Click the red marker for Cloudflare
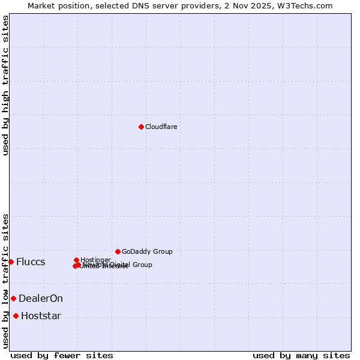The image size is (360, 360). point(141,127)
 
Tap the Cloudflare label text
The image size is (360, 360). point(161,127)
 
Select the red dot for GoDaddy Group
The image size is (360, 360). point(118,251)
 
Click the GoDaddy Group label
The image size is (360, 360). point(147,251)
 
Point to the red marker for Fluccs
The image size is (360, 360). point(11,262)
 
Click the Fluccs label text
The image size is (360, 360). point(31,262)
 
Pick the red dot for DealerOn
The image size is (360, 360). point(13,298)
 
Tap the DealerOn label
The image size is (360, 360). point(41,299)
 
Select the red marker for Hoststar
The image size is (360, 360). point(16,316)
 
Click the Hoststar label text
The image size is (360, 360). point(41,316)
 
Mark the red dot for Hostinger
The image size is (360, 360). point(76,260)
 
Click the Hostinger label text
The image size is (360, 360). point(95,260)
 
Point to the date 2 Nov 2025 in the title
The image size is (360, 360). point(254,5)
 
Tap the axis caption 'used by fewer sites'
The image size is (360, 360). point(62,355)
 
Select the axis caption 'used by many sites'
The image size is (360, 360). point(301,355)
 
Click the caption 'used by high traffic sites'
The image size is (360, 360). point(5,85)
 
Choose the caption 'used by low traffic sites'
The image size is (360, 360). point(5,280)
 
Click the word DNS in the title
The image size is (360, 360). point(133,5)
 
